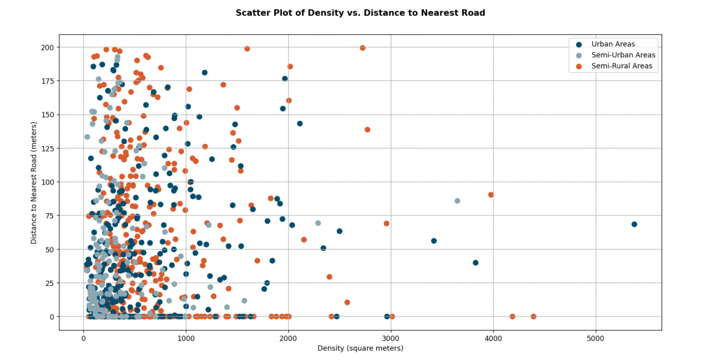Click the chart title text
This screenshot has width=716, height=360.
[360, 13]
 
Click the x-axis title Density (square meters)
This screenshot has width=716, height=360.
[360, 349]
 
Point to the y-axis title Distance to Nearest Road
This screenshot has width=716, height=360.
[34, 182]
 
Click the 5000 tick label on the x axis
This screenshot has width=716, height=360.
[596, 338]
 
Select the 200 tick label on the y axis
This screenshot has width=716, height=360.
[48, 48]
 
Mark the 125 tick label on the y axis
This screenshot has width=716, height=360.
[48, 148]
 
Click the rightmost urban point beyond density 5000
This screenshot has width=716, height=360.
[633, 224]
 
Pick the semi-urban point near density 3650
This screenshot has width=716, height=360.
[457, 201]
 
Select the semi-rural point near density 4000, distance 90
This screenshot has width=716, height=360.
[491, 195]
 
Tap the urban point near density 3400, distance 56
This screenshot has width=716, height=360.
[434, 241]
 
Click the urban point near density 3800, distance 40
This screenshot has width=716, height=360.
[475, 263]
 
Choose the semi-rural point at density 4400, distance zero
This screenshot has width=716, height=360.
[534, 317]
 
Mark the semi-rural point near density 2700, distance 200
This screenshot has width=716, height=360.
[363, 48]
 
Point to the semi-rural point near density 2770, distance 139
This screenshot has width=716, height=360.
[367, 129]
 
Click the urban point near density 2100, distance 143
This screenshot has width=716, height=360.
[299, 124]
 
